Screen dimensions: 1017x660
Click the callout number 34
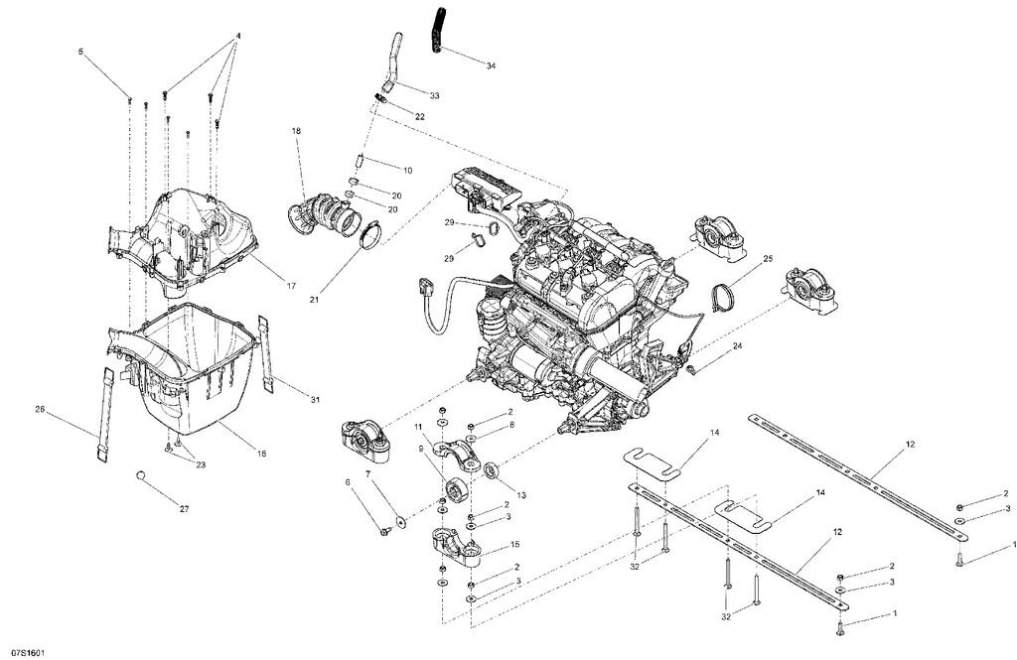click(491, 66)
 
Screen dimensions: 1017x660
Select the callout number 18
click(296, 131)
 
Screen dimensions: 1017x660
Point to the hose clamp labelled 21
click(369, 234)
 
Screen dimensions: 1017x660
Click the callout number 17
click(291, 286)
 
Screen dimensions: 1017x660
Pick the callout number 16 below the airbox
click(261, 455)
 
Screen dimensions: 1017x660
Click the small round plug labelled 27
click(140, 475)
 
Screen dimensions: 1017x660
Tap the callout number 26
click(40, 409)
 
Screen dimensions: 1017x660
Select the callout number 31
click(315, 400)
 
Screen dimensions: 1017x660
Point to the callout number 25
click(769, 259)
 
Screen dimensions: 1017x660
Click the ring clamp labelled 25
click(723, 297)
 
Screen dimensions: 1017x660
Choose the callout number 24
click(738, 346)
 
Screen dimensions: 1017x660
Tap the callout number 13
click(521, 495)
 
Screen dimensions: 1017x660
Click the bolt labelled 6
click(384, 532)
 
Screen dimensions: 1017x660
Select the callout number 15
click(515, 544)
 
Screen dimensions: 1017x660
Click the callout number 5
click(81, 52)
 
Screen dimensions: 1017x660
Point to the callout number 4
click(238, 36)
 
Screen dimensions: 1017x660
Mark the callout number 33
click(435, 96)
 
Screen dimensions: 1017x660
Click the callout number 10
click(407, 171)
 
